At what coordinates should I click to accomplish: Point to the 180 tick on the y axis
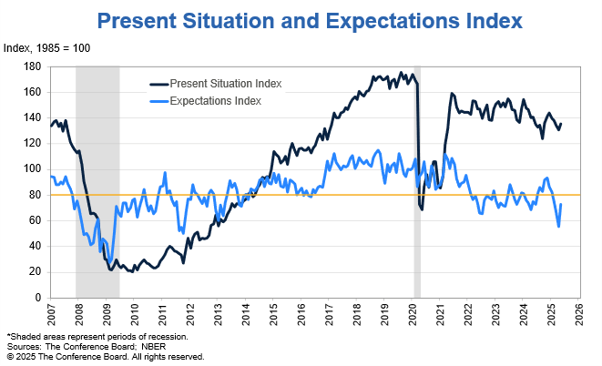[x=36, y=66]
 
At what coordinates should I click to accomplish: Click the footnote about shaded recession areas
[x=97, y=337]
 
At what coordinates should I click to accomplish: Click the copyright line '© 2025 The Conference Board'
[x=105, y=357]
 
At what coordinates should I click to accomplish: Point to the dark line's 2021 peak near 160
[x=451, y=93]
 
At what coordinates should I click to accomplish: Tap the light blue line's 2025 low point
[x=558, y=226]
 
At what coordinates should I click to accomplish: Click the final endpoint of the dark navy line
[x=561, y=124]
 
